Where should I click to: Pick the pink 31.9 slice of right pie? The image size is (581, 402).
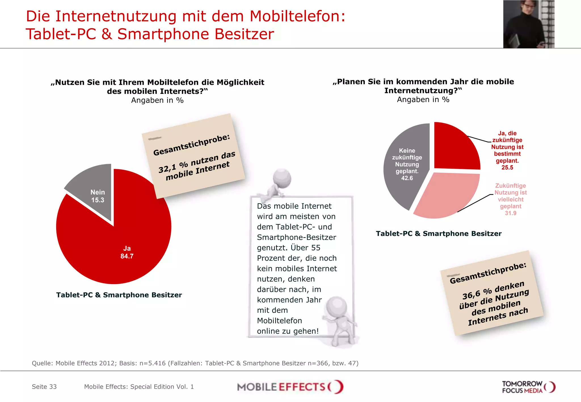[445, 196]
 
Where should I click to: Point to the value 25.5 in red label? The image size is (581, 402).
[507, 168]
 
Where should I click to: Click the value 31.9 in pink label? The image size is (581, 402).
[510, 213]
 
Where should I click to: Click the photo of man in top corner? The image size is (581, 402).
[529, 24]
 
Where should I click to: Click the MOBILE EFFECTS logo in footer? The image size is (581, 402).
[290, 387]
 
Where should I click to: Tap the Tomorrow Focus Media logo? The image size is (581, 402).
[528, 387]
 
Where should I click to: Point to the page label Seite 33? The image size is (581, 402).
[44, 387]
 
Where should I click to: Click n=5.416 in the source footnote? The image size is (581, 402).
[152, 363]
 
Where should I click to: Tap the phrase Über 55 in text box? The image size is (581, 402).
[305, 248]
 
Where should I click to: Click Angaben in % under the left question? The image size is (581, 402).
[157, 100]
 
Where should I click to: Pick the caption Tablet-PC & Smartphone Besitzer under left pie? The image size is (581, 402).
[119, 295]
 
